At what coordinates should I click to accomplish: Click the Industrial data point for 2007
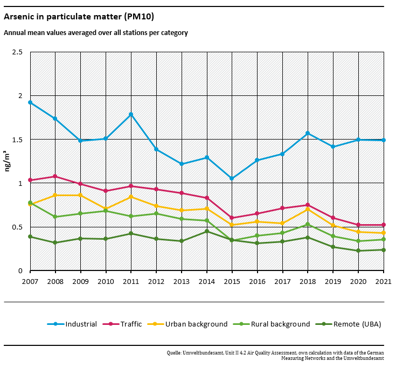tap(30, 102)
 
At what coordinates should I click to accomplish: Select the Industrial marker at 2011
tap(131, 114)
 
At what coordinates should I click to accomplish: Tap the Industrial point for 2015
tap(232, 178)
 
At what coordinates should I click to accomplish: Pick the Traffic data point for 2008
tap(55, 176)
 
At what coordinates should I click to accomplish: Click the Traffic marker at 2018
tap(308, 205)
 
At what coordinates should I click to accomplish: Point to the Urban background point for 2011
tap(131, 197)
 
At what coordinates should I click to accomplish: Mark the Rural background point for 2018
tap(308, 224)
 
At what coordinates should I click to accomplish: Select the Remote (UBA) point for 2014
tap(207, 231)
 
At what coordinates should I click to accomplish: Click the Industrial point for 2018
tap(308, 133)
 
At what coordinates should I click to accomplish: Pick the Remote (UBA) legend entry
tap(357, 324)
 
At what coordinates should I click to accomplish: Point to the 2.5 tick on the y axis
tap(17, 52)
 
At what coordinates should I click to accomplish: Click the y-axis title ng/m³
tap(8, 162)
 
